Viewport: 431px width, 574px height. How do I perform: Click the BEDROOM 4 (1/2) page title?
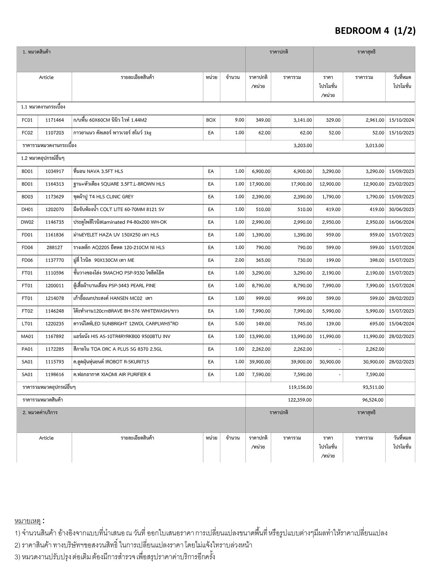pyautogui.click(x=375, y=31)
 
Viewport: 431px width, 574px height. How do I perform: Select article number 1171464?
pyautogui.click(x=55, y=120)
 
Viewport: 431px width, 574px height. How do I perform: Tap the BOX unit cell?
pyautogui.click(x=211, y=120)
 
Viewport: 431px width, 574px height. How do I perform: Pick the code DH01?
pyautogui.click(x=27, y=209)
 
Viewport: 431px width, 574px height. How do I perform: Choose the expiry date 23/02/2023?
pyautogui.click(x=401, y=184)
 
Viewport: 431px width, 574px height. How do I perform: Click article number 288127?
pyautogui.click(x=55, y=247)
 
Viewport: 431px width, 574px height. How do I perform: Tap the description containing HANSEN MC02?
pyautogui.click(x=113, y=298)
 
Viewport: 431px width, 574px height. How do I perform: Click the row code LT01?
pyautogui.click(x=27, y=324)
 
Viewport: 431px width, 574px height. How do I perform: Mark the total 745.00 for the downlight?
pyautogui.click(x=305, y=324)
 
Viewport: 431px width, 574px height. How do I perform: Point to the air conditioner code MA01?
pyautogui.click(x=27, y=336)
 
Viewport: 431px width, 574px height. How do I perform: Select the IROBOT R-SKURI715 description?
pyautogui.click(x=111, y=362)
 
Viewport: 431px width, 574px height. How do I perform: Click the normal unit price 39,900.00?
pyautogui.click(x=260, y=362)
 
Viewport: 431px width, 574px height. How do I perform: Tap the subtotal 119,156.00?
pyautogui.click(x=300, y=387)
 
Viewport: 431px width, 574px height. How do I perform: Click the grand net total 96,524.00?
pyautogui.click(x=373, y=400)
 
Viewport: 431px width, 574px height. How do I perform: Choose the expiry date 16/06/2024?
pyautogui.click(x=401, y=222)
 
